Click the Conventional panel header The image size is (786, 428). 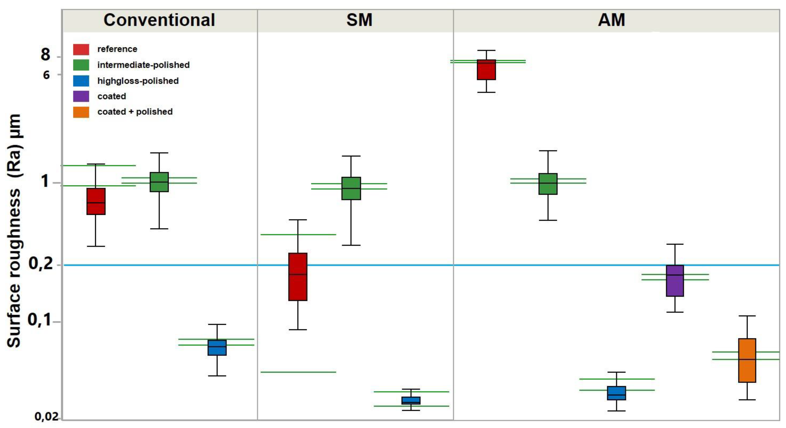[159, 20]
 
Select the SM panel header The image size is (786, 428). [359, 20]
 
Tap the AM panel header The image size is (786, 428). [611, 20]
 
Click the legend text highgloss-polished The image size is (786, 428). [138, 81]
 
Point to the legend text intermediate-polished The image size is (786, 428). [144, 65]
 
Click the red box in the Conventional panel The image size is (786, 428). [96, 201]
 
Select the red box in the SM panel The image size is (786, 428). [298, 277]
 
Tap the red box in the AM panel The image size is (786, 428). [486, 70]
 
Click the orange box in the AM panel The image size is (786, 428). [747, 360]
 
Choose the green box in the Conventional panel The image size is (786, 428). [159, 182]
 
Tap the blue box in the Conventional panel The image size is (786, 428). [217, 347]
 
